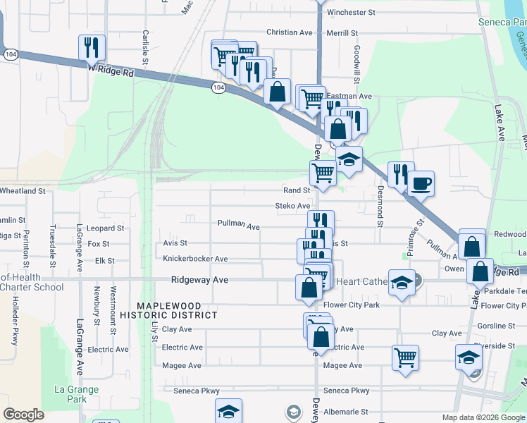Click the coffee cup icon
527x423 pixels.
[421, 184]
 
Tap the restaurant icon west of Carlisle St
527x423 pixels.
[92, 48]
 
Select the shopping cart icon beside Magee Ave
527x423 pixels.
[406, 357]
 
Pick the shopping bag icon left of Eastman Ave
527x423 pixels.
[278, 92]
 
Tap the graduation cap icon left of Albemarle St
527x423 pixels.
[229, 412]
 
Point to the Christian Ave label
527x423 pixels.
[289, 32]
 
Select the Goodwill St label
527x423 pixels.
[357, 61]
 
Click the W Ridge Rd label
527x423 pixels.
[111, 71]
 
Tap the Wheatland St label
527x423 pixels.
[23, 191]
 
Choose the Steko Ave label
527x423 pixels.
[292, 206]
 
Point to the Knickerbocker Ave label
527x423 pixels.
[195, 259]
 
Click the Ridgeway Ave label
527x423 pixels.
[200, 280]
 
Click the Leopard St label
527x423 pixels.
[106, 228]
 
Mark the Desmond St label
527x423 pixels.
[380, 206]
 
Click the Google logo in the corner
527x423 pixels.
[23, 415]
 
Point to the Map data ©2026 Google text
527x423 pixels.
[483, 417]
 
